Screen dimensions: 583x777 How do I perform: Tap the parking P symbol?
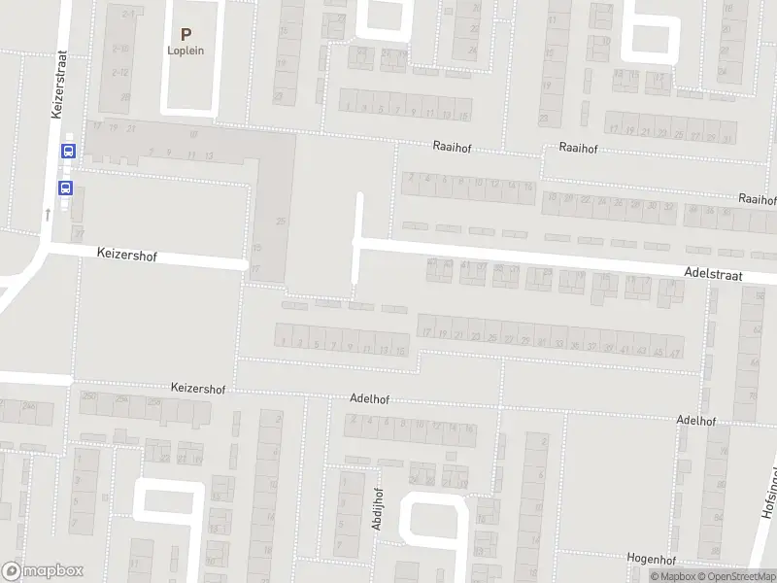[186, 34]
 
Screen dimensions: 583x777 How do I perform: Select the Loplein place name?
[186, 51]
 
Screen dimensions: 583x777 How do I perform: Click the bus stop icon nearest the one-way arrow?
[66, 189]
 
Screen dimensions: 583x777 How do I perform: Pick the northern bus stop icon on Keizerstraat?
[68, 151]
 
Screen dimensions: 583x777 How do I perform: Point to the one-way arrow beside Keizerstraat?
[48, 212]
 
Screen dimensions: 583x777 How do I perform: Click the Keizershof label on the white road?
[127, 255]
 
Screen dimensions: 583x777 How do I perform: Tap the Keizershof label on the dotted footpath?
[198, 388]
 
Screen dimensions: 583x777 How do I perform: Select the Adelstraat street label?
[713, 276]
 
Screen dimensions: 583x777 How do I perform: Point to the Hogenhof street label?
[650, 559]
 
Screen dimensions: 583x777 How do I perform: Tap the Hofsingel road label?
[764, 515]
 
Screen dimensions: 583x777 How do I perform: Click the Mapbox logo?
[43, 571]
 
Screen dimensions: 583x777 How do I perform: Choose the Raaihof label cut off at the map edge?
[758, 198]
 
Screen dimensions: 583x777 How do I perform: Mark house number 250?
[90, 396]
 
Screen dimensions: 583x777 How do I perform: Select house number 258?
[153, 400]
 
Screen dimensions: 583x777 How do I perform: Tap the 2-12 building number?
[120, 72]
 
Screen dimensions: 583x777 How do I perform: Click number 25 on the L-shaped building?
[282, 222]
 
